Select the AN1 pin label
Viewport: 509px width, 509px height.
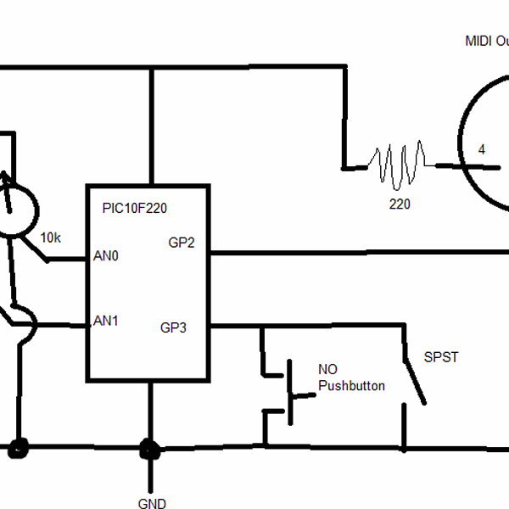pos(105,321)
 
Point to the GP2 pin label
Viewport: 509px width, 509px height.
pos(182,243)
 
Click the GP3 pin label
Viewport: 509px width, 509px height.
pos(173,327)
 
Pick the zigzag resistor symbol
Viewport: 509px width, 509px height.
pos(400,164)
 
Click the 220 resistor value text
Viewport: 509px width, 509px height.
pos(400,204)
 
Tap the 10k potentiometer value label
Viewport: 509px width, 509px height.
pos(51,238)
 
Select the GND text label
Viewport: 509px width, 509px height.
pos(152,504)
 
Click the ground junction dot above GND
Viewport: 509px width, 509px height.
pos(150,447)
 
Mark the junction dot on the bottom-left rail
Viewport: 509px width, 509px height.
pos(17,447)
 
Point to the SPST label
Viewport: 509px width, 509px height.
pos(441,357)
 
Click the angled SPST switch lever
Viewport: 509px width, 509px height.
pos(414,373)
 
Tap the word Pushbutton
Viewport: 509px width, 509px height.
pos(351,386)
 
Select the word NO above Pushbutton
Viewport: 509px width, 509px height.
pos(327,370)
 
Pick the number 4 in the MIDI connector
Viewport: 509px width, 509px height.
pos(482,150)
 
